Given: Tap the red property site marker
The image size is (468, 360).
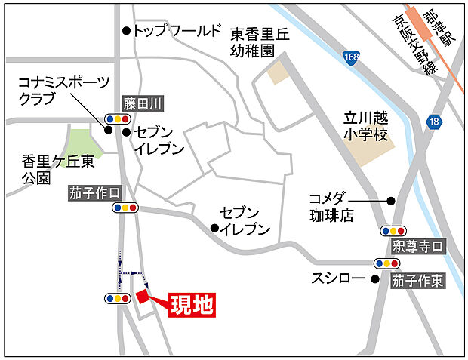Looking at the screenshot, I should tap(141, 297).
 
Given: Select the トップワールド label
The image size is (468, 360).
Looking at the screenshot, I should tap(177, 31).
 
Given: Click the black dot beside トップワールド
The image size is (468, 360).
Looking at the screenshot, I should tap(126, 31).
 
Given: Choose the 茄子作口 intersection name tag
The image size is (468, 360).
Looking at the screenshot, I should tap(94, 193).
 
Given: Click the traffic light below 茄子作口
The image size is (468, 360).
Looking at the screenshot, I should tap(125, 207).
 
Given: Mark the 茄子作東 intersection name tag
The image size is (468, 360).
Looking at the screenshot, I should tap(417, 281).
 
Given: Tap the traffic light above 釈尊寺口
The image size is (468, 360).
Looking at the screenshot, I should tap(393, 231).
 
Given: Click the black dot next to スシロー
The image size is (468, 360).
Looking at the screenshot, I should tap(374, 278).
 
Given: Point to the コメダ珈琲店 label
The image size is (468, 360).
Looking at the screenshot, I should tap(331, 207).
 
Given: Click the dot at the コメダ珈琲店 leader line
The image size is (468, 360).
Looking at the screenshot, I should tap(391, 201).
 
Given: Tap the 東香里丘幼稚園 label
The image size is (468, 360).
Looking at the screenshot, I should tap(254, 42).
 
